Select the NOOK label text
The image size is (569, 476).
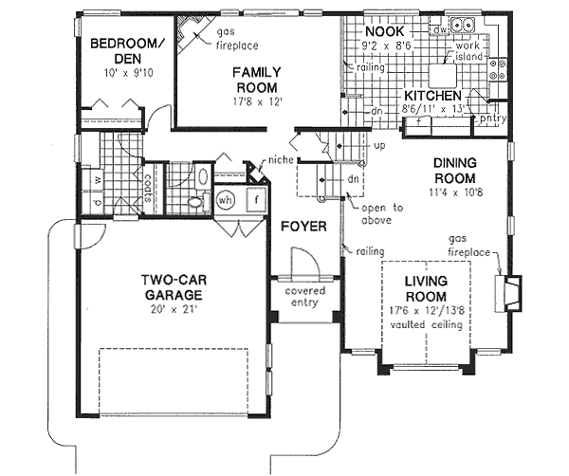(384, 31)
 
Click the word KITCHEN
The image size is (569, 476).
(433, 97)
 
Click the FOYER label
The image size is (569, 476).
(303, 228)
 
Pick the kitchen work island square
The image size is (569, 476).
(444, 73)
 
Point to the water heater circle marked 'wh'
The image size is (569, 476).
(225, 201)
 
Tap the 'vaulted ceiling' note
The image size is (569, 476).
(431, 325)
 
